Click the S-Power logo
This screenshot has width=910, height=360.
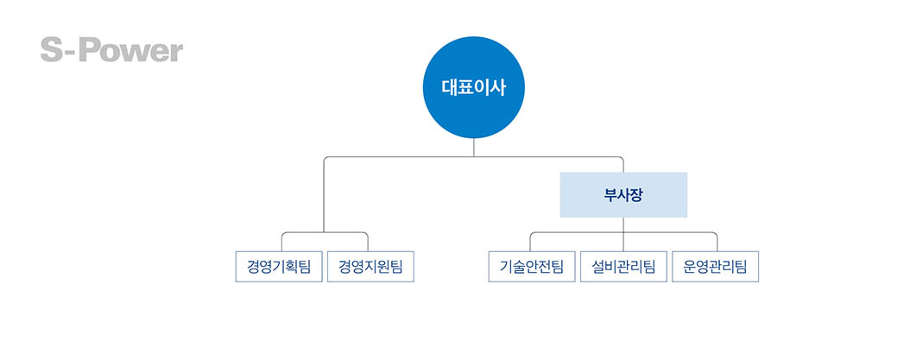(x=111, y=50)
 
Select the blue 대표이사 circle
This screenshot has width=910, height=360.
(x=473, y=87)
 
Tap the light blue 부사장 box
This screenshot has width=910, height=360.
(x=622, y=194)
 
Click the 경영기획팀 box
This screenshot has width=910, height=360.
(x=279, y=266)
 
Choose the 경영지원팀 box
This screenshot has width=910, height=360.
(x=370, y=266)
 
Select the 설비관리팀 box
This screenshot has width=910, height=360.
(x=623, y=266)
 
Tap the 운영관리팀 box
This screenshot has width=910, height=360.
(x=715, y=266)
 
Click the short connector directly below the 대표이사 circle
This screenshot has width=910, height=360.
(x=473, y=148)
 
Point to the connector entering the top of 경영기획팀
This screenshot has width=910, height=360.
(x=281, y=243)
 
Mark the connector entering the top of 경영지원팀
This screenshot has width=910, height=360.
(x=368, y=243)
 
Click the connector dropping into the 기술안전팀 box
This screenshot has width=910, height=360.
(x=530, y=243)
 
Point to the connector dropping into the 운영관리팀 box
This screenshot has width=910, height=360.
(x=717, y=243)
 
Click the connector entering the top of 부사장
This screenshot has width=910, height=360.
(x=623, y=165)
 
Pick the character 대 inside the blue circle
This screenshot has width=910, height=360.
(x=449, y=87)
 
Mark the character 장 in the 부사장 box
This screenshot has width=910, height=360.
(x=635, y=194)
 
